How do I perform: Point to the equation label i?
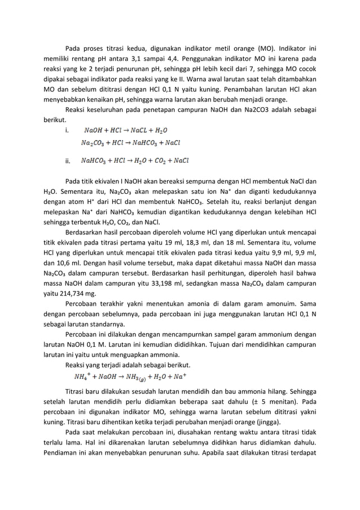(x=68, y=131)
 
